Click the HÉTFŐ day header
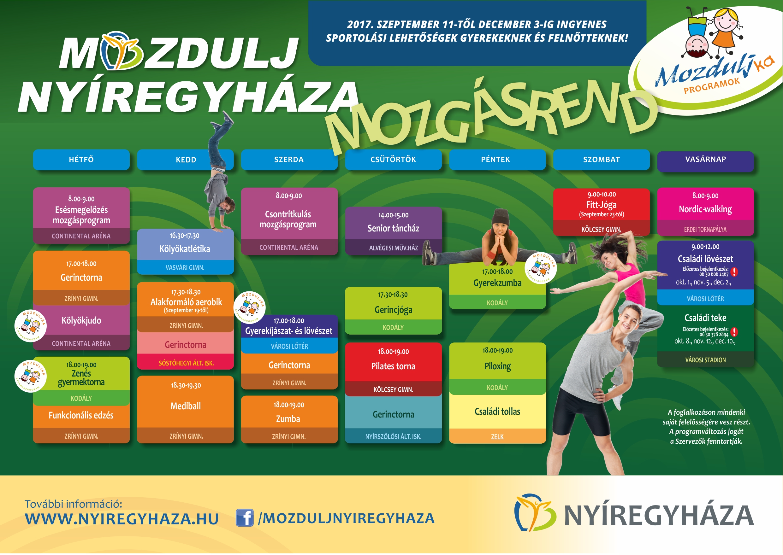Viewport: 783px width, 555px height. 81,160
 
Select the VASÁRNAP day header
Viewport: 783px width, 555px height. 705,159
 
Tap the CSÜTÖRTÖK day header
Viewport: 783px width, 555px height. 393,160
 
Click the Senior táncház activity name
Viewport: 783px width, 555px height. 393,228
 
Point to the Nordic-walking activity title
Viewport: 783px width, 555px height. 705,209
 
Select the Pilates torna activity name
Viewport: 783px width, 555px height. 393,366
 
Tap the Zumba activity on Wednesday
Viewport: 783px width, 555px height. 288,419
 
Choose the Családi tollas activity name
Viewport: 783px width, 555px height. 497,412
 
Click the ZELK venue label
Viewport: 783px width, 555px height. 497,437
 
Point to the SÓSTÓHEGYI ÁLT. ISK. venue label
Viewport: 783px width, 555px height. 186,363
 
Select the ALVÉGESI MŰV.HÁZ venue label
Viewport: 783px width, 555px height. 393,248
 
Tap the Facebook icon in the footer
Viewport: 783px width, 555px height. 245,517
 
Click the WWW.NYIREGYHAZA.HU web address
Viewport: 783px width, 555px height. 122,519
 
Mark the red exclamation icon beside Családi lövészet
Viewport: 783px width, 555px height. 734,272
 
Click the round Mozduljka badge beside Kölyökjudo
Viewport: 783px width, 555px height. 30,326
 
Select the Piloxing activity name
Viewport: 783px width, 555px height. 497,366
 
